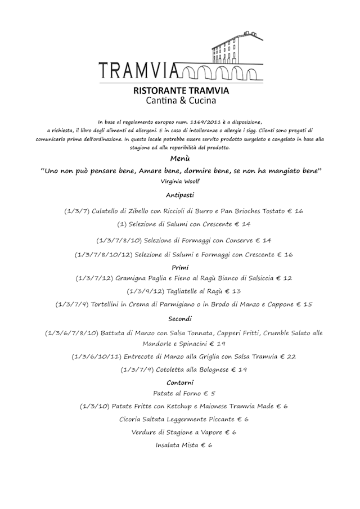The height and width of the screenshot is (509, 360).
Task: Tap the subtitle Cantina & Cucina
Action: point(180,101)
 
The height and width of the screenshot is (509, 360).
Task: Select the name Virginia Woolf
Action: point(180,182)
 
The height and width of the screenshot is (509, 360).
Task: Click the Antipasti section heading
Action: point(180,195)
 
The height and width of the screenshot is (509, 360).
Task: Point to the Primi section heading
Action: point(180,268)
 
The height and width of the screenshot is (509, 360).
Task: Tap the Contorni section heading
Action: point(180,382)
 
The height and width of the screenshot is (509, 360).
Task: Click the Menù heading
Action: point(180,159)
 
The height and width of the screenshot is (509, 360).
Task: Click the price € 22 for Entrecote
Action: point(288,357)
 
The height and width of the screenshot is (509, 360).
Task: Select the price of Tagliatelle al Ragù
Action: point(233,291)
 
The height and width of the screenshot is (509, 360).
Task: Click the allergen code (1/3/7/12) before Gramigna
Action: point(94,278)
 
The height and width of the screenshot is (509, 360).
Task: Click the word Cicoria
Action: point(133,420)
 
